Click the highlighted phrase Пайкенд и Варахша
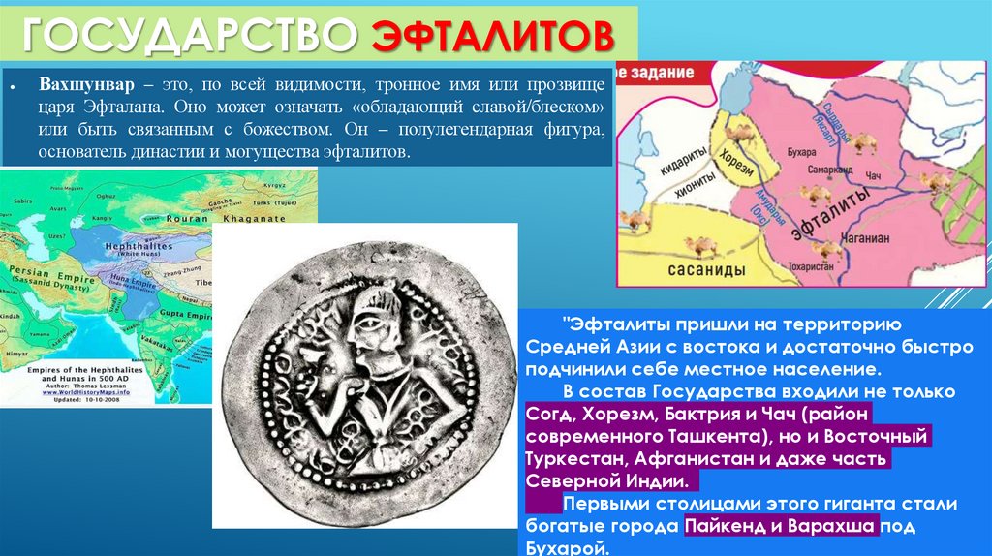pyautogui.click(x=781, y=526)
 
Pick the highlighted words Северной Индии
pyautogui.click(x=608, y=480)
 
